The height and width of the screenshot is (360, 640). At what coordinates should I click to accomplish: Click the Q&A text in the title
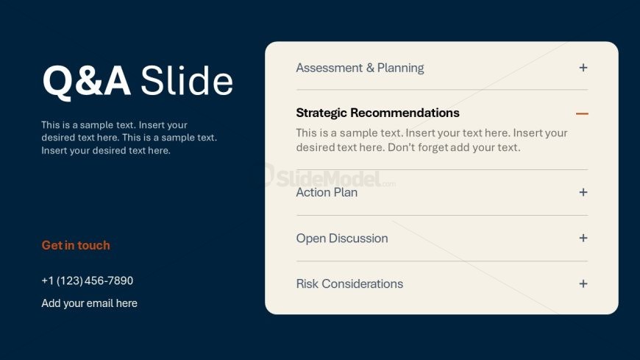(87, 81)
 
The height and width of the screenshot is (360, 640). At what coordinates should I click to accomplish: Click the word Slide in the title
(187, 80)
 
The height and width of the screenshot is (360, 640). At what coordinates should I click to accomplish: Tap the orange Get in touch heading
(76, 245)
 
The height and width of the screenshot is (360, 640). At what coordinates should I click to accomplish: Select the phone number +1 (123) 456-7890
(88, 280)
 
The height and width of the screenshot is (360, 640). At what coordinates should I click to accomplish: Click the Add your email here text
(90, 303)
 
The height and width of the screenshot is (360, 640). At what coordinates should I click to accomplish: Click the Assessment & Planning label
(360, 68)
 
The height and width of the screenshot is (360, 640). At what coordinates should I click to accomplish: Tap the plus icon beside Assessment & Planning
(583, 68)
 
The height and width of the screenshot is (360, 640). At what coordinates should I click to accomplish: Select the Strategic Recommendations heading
(378, 113)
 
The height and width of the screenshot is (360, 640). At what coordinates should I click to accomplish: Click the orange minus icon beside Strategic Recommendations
(582, 113)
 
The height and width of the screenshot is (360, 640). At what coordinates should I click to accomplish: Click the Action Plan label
(327, 192)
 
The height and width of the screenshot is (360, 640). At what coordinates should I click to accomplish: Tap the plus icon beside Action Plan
(583, 192)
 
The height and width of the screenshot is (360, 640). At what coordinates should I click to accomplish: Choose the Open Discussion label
(342, 239)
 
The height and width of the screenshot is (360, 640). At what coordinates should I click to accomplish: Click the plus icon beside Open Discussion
(583, 238)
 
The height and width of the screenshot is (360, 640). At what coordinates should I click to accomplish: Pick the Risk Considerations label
(350, 283)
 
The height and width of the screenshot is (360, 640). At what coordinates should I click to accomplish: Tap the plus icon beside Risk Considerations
(583, 283)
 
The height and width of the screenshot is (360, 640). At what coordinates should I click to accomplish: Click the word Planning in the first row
(401, 68)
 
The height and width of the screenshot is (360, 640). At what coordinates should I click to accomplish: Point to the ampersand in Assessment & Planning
(370, 68)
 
